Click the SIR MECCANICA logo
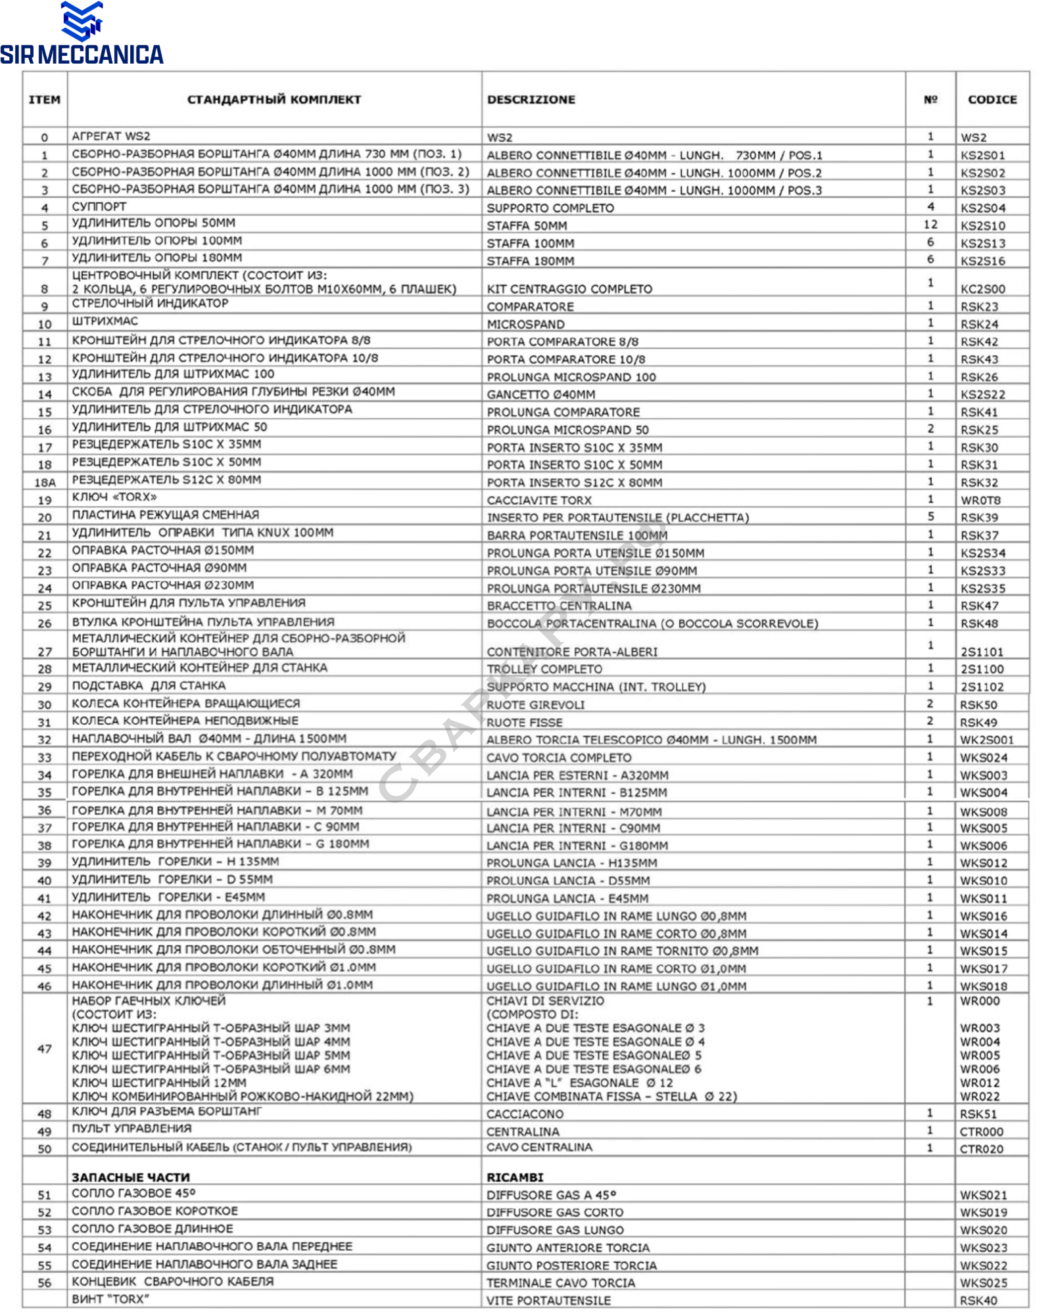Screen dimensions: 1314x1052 click(82, 34)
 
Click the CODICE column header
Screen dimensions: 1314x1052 click(992, 100)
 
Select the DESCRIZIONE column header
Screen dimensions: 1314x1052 click(531, 100)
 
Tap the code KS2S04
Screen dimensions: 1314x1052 click(983, 208)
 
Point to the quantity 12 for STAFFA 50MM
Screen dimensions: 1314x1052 click(930, 225)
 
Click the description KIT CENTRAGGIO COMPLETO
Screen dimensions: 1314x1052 click(569, 289)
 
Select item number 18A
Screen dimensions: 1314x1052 click(45, 482)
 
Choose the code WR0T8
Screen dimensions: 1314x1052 click(980, 500)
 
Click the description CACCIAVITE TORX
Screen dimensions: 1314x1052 click(539, 500)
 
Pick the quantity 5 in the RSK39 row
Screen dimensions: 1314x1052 click(930, 516)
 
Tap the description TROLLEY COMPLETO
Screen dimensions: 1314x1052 click(544, 669)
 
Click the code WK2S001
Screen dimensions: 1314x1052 click(987, 740)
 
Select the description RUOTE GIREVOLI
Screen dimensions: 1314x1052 click(535, 705)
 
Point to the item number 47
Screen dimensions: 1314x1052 click(45, 1049)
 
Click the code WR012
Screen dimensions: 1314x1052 click(980, 1083)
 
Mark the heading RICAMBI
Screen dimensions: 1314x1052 click(515, 1177)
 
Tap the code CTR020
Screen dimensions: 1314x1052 click(982, 1149)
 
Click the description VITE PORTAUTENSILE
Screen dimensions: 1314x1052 click(548, 1300)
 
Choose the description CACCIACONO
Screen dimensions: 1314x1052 click(525, 1114)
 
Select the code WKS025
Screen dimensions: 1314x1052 click(983, 1282)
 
